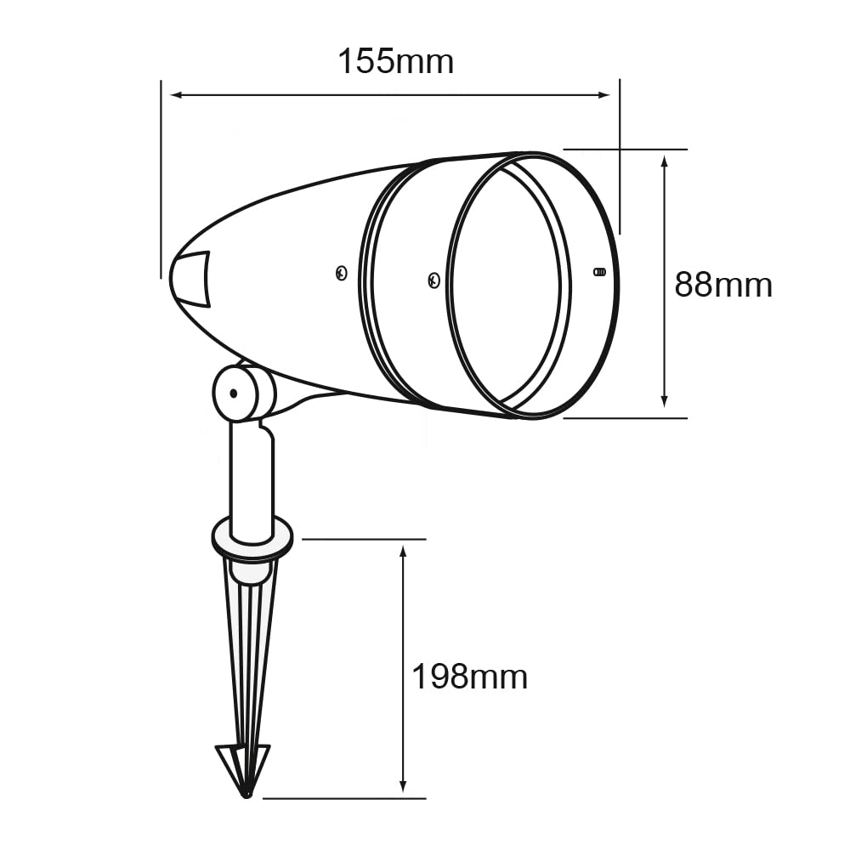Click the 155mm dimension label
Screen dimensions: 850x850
click(x=395, y=61)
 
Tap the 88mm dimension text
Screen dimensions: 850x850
click(x=723, y=285)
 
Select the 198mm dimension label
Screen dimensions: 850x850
click(x=469, y=677)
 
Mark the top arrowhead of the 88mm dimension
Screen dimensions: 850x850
click(x=665, y=161)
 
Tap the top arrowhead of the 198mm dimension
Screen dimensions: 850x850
click(x=404, y=552)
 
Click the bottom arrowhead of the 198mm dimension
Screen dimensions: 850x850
click(x=404, y=787)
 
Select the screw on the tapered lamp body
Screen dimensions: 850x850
click(x=341, y=273)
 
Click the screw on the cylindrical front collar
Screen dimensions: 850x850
click(x=433, y=278)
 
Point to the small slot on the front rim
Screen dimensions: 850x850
click(x=599, y=273)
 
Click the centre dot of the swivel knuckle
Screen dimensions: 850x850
click(x=231, y=394)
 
